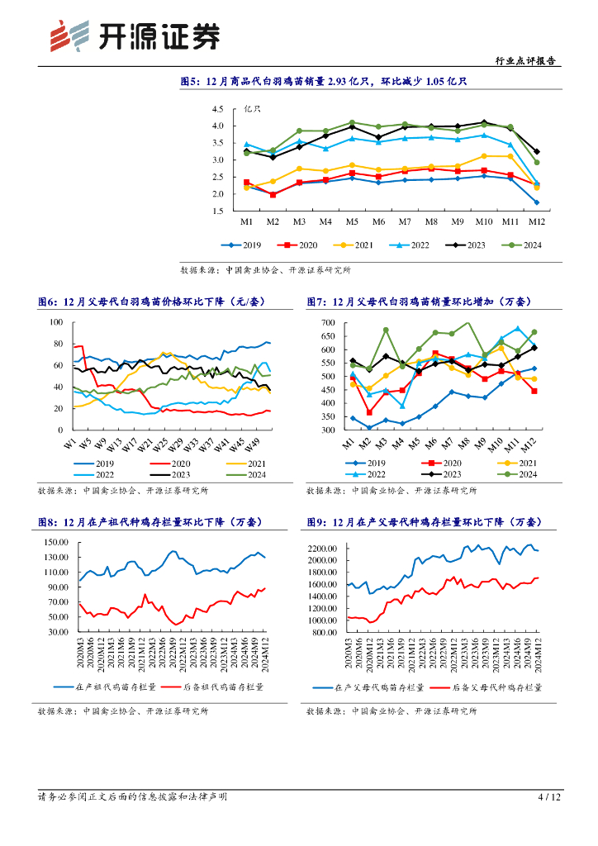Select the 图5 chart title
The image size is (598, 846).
point(324,82)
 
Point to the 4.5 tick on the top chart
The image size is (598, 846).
point(218,109)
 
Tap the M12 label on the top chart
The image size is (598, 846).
point(537,223)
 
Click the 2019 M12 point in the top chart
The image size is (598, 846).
point(537,202)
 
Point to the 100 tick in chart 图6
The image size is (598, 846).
point(57,322)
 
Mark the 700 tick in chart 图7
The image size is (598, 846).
point(328,322)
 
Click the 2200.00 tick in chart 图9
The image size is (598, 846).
point(325,548)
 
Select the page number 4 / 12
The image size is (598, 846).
point(549,797)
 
